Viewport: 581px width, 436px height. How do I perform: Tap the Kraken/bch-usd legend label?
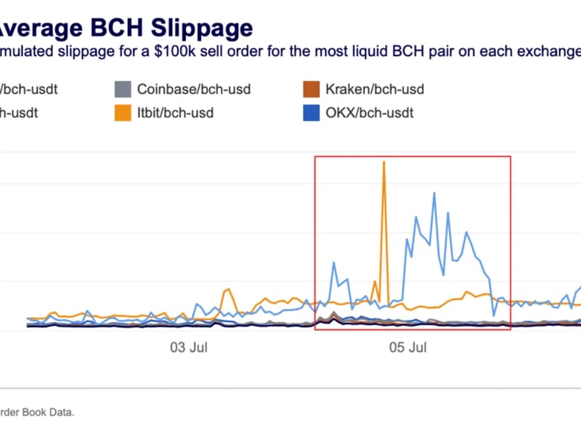(x=374, y=89)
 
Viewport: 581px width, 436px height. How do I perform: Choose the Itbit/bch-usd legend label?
(x=175, y=113)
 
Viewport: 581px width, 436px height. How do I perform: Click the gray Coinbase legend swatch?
(x=123, y=90)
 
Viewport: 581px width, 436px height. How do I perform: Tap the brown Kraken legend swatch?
(x=311, y=90)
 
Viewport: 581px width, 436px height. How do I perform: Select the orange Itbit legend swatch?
(x=123, y=113)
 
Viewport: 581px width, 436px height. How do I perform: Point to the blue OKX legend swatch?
(x=311, y=113)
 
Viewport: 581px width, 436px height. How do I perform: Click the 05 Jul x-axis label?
(x=407, y=348)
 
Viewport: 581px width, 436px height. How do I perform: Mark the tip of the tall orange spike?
(x=383, y=162)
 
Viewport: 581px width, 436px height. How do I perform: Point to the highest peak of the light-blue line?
(x=434, y=193)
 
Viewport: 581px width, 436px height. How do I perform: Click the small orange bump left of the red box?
(x=227, y=290)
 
